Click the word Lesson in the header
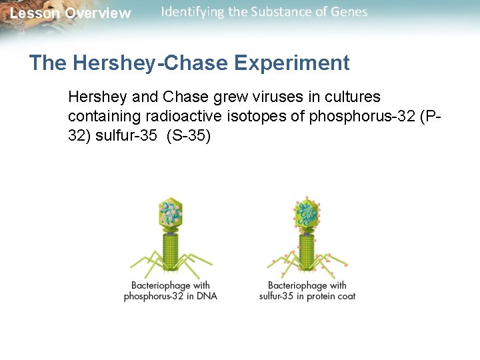(x=33, y=13)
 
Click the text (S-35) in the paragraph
(x=187, y=137)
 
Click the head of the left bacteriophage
(x=171, y=213)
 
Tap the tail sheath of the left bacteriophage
(x=171, y=250)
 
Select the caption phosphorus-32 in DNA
(x=171, y=296)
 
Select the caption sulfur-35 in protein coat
(x=307, y=296)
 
